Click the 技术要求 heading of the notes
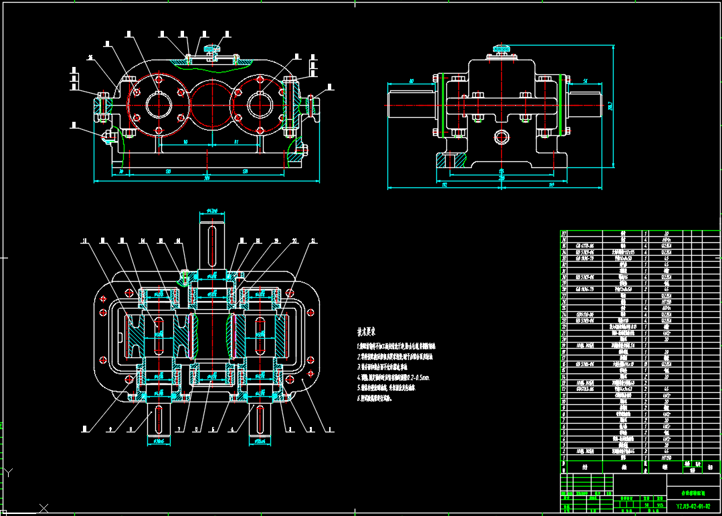point(366,331)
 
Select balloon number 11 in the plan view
point(85,241)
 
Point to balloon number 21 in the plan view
point(313,241)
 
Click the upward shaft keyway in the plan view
point(212,241)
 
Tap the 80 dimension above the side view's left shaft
point(411,81)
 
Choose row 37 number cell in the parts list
point(563,234)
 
